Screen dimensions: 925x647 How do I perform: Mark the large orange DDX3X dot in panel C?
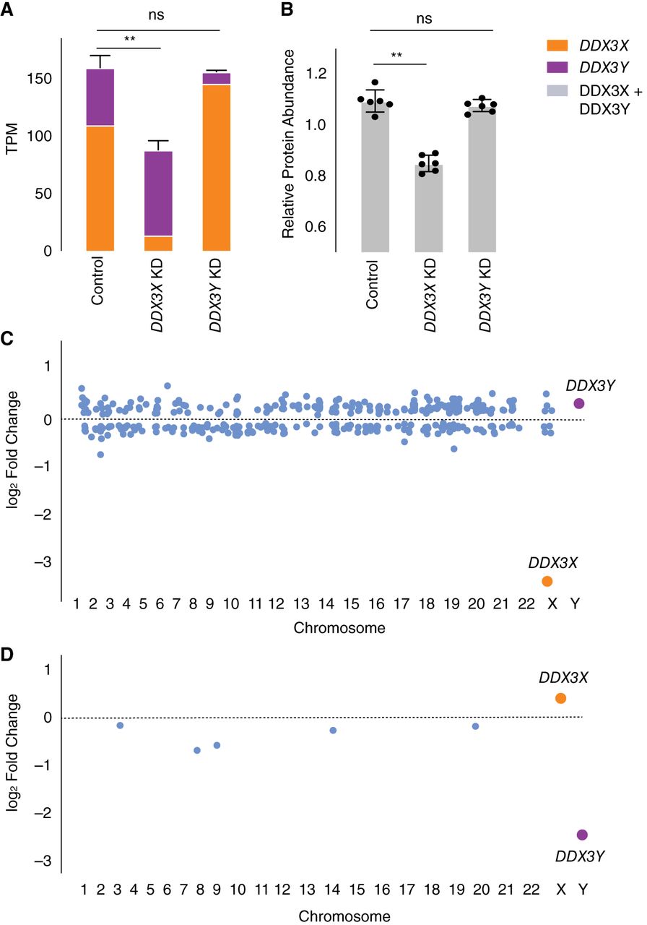(x=547, y=582)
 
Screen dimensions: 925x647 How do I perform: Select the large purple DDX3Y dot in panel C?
(x=578, y=403)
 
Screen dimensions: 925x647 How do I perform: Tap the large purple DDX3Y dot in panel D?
(x=583, y=835)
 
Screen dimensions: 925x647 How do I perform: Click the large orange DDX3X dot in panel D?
(x=560, y=698)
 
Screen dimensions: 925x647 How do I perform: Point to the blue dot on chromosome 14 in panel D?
(x=333, y=731)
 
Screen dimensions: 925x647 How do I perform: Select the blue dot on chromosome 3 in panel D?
(x=120, y=725)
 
